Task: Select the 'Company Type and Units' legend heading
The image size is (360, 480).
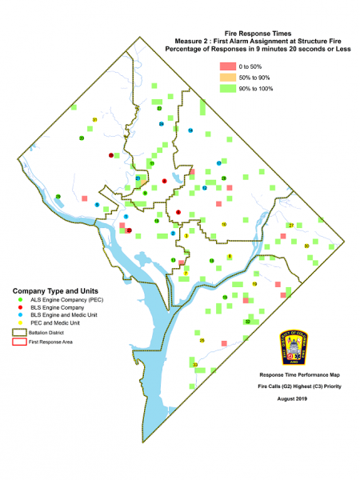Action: coord(46,289)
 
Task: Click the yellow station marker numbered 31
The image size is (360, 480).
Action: coord(94,120)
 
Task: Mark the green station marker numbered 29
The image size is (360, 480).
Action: coord(58,196)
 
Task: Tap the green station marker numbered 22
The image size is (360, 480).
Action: coord(159,107)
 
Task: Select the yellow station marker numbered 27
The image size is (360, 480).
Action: coord(291,226)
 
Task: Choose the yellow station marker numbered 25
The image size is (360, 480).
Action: coord(202,340)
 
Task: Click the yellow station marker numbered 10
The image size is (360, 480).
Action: coord(224,225)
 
